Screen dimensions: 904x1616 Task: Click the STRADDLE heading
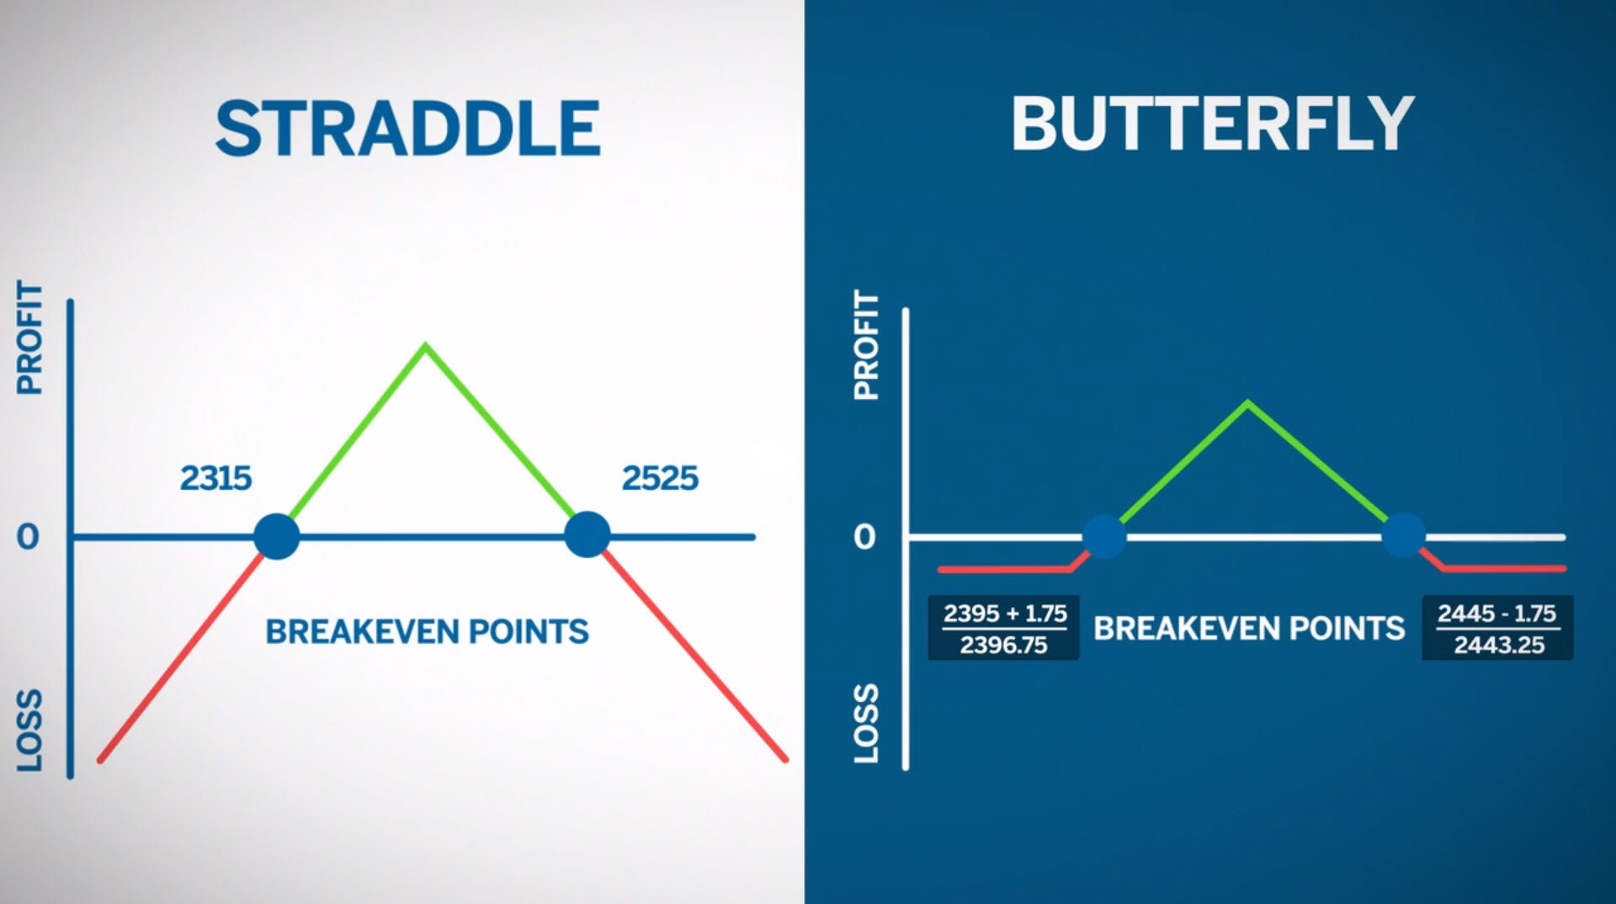[407, 129]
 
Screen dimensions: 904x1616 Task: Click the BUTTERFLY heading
[1212, 124]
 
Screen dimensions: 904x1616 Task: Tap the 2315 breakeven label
[215, 478]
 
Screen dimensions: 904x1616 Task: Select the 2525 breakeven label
[660, 478]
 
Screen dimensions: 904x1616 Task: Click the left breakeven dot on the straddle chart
[276, 536]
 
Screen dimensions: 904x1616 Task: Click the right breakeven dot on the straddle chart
[587, 534]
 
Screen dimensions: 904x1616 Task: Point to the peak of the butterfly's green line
[1247, 403]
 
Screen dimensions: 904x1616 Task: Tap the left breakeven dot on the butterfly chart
[1103, 536]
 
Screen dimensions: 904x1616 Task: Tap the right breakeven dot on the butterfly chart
[1403, 534]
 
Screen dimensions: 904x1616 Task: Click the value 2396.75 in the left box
[1003, 646]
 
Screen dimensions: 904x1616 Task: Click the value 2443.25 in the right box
[1499, 646]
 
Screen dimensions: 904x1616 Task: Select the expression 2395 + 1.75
[1004, 614]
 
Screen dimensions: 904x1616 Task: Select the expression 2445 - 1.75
[1496, 614]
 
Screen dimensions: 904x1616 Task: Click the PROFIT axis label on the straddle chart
[29, 338]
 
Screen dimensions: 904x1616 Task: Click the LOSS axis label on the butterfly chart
[866, 724]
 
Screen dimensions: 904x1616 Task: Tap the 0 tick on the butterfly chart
[864, 537]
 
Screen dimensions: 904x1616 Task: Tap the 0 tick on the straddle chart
[28, 537]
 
